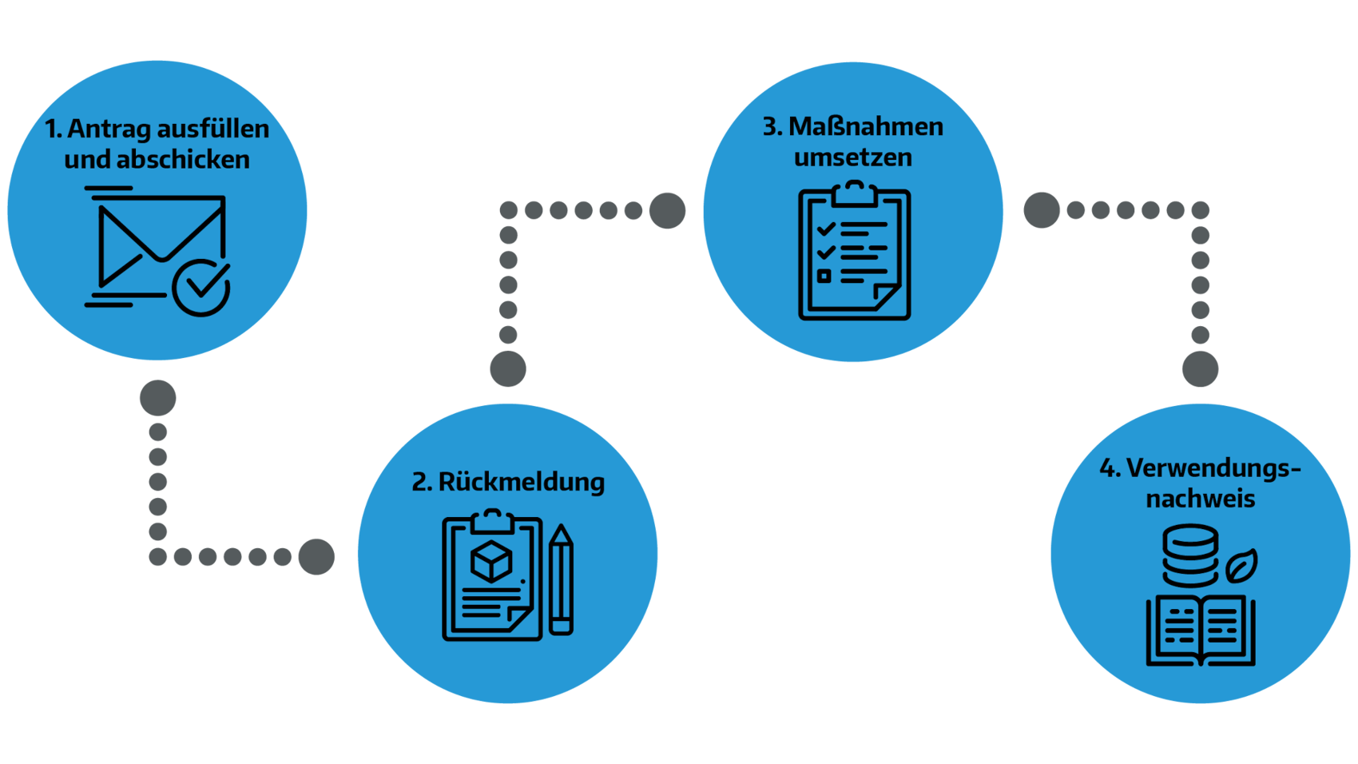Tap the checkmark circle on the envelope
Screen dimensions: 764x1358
point(201,288)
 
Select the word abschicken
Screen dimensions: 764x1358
point(183,160)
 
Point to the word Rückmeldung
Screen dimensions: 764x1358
point(521,482)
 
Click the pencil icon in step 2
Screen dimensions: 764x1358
point(561,580)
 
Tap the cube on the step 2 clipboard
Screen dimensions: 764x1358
point(491,561)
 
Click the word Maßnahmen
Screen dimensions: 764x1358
point(865,126)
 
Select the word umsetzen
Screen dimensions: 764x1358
point(852,157)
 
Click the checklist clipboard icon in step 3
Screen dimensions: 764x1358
point(854,253)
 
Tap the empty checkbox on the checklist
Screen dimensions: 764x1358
point(824,277)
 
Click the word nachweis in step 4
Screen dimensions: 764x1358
point(1200,499)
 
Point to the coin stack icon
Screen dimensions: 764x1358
point(1190,555)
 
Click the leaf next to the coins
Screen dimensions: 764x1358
point(1241,567)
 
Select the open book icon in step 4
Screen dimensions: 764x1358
point(1200,631)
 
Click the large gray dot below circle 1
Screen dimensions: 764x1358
point(157,398)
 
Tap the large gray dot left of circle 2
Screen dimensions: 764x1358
point(316,556)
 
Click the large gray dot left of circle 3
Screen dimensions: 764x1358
point(667,211)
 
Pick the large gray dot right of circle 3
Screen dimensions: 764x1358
point(1042,210)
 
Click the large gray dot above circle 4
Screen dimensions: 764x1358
point(1200,368)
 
